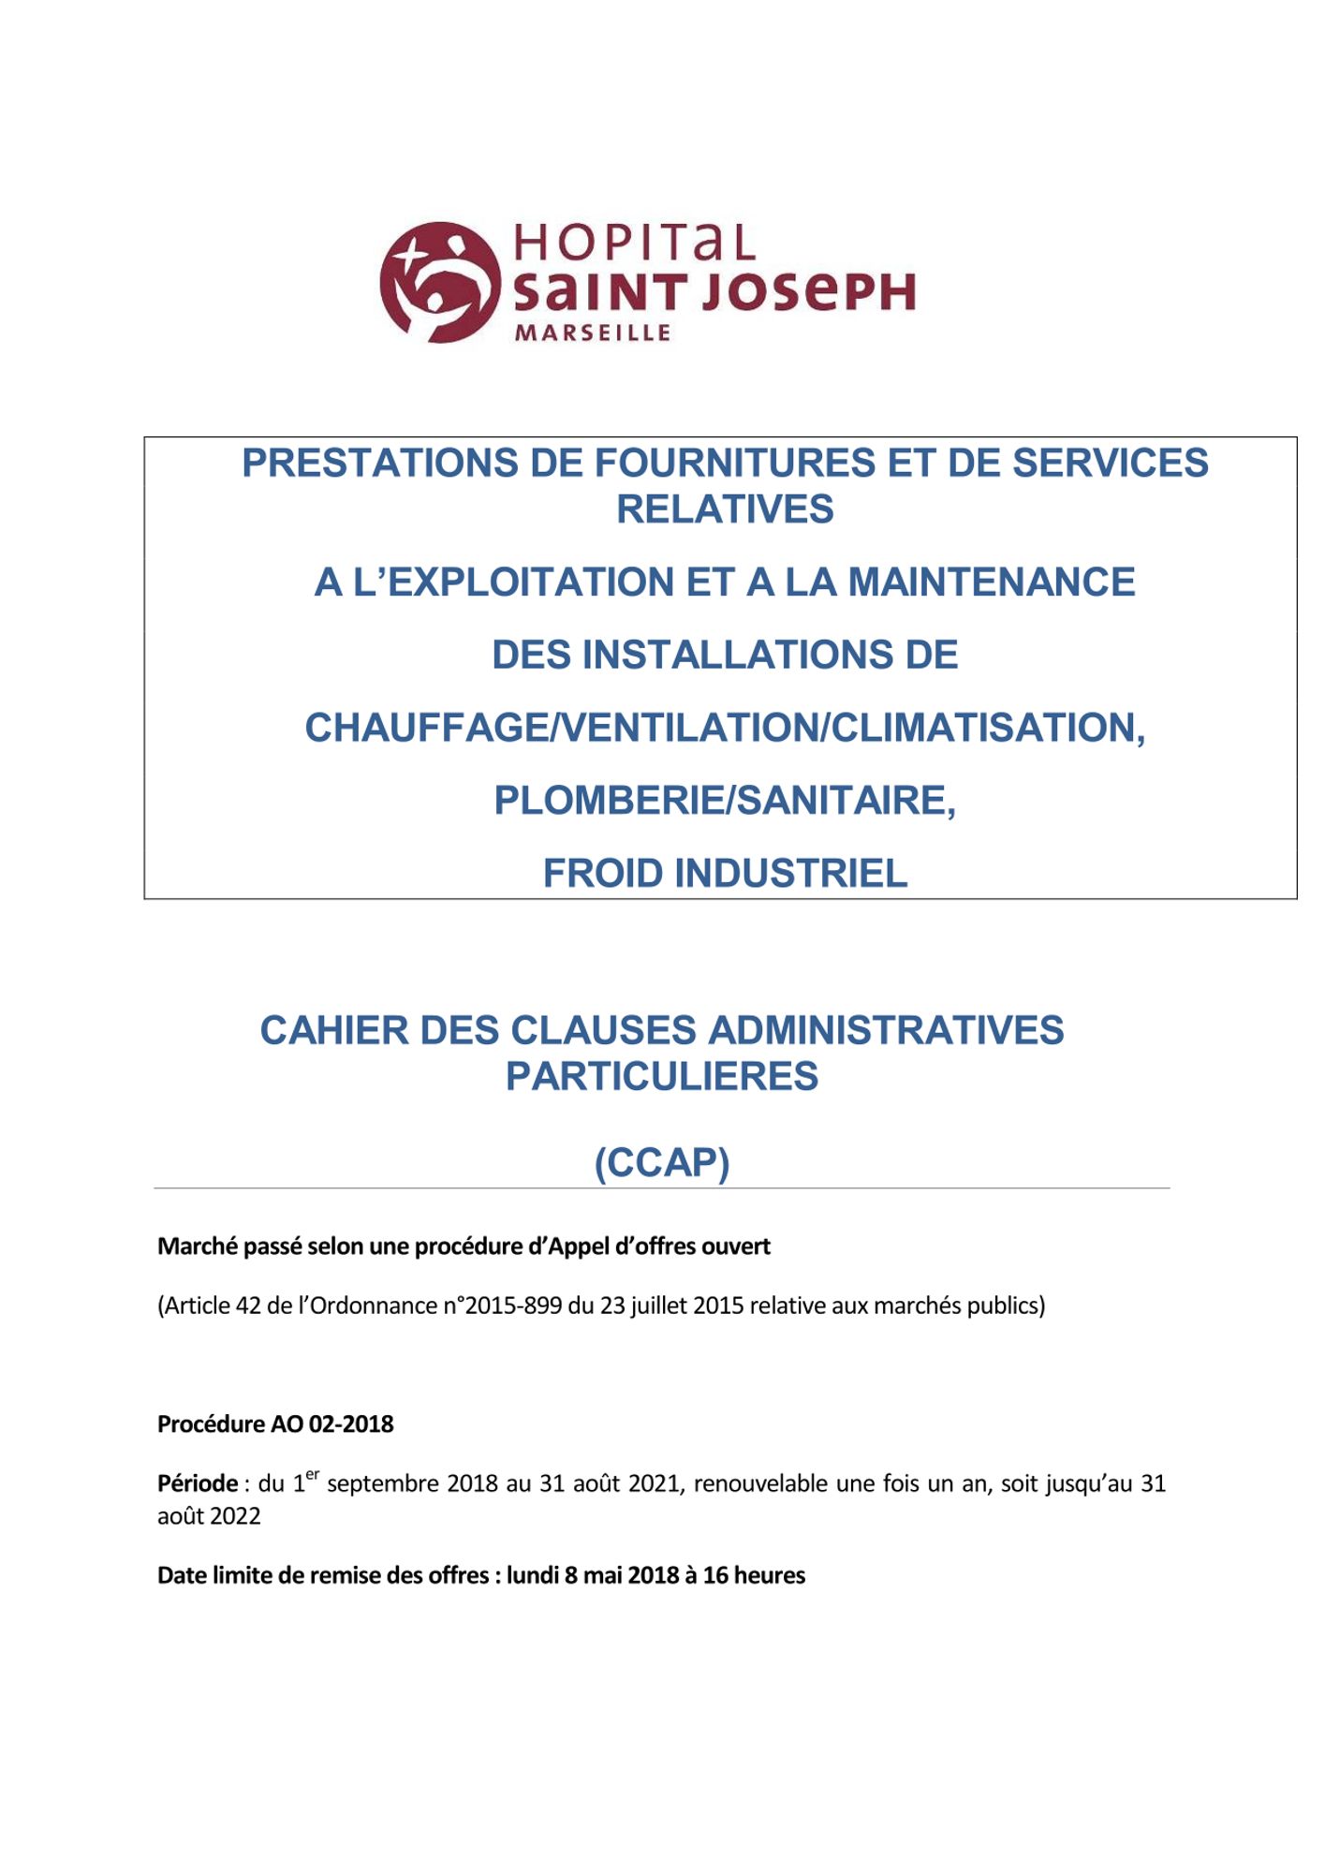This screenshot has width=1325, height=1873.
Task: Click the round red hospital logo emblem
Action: [439, 282]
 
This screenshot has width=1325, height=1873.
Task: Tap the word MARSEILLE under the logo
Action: [593, 333]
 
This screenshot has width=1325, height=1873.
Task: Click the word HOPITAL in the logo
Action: [634, 243]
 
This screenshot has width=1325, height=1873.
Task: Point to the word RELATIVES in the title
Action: [725, 509]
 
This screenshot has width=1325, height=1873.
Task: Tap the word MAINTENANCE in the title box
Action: [992, 583]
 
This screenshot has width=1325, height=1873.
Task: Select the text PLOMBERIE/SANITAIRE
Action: [725, 801]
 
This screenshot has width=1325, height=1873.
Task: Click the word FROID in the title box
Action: [604, 874]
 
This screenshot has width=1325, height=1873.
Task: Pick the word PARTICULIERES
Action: [662, 1076]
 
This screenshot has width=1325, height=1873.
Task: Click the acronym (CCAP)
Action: [662, 1163]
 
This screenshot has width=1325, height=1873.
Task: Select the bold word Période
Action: [198, 1483]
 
